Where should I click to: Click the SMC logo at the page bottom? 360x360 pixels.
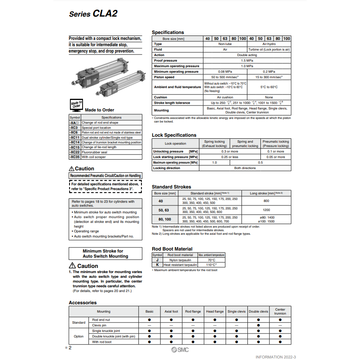tap(180, 350)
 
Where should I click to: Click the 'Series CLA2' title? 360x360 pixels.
tap(93, 14)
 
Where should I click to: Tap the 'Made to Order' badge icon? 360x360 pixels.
tap(76, 104)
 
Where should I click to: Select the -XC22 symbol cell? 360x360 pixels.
tap(75, 152)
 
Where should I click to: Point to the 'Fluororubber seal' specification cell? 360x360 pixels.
tap(94, 152)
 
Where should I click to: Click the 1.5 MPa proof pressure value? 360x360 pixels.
tap(247, 60)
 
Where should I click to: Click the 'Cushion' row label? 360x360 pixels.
tap(160, 97)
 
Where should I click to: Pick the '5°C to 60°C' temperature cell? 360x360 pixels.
tap(269, 87)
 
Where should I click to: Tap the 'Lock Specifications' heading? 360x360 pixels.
tap(174, 135)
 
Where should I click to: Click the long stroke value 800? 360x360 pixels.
tap(266, 201)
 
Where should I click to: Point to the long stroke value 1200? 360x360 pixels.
tap(266, 210)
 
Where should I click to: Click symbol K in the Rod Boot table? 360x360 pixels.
tap(157, 265)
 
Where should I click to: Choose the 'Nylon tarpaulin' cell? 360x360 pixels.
tap(180, 260)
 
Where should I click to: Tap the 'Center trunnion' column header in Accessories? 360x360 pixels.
tap(280, 311)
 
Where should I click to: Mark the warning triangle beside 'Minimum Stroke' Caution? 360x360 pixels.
tap(72, 266)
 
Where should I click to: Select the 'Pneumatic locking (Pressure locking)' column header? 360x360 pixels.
tap(275, 143)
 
